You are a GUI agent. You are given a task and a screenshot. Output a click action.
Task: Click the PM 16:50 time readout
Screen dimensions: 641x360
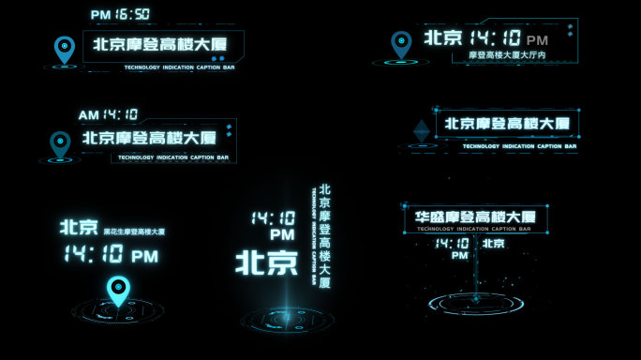coord(120,14)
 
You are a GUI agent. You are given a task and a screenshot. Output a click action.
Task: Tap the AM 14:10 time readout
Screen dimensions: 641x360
coord(108,114)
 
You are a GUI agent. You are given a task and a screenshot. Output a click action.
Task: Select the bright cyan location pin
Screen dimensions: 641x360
coord(118,291)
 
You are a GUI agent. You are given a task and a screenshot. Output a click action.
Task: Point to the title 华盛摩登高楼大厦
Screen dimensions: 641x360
coord(476,217)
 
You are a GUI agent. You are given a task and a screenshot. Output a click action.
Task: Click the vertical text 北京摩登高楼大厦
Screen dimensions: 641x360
coord(325,236)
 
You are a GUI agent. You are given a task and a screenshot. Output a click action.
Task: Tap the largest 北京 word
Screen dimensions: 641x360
coord(266,262)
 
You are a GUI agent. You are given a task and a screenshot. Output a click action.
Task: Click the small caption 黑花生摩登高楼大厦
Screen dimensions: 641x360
coord(134,232)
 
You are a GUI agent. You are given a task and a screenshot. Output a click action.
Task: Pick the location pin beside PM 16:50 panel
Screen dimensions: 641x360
coord(64,49)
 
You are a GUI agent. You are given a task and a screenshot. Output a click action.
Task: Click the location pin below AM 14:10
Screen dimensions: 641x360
coord(60,144)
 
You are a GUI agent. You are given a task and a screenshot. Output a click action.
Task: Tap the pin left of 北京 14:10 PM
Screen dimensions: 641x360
coord(401,44)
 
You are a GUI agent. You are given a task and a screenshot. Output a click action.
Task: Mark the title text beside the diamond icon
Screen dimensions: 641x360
coord(507,123)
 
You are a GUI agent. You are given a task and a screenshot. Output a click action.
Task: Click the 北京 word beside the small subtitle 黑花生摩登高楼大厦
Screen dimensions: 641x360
coord(79,227)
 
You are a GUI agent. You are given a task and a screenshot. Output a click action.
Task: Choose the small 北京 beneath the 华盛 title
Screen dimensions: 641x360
coord(493,244)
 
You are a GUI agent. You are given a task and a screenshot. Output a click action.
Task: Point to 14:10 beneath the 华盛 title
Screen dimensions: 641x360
coord(452,243)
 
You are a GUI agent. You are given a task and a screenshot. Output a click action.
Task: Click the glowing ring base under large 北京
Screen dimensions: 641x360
coord(288,320)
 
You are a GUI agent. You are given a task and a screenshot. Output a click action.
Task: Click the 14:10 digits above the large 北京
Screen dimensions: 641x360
coord(273,217)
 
